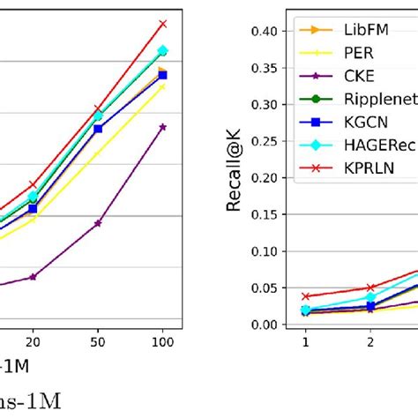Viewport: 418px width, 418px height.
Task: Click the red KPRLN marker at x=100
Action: pos(162,23)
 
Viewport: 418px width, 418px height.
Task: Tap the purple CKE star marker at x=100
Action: pos(162,127)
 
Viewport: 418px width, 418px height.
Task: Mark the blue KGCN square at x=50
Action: pos(98,129)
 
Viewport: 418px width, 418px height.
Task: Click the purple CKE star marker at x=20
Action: pos(33,277)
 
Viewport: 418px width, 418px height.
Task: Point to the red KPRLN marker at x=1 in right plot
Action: pos(305,296)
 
